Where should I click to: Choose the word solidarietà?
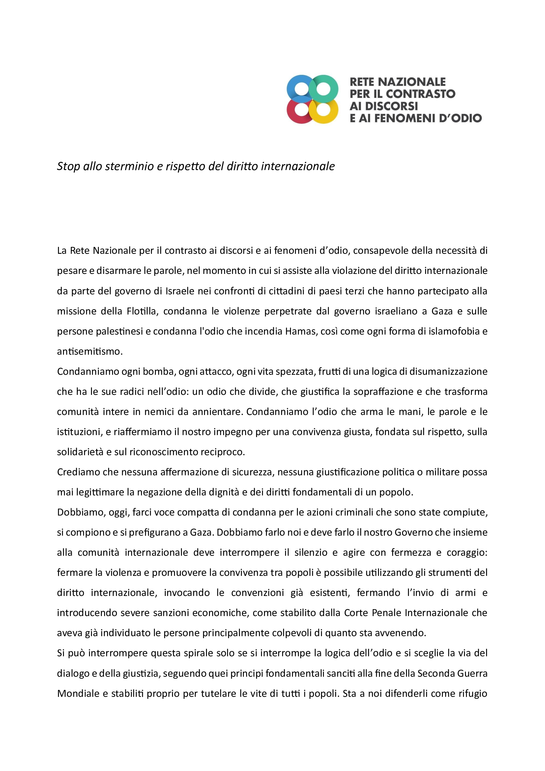tap(80, 452)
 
